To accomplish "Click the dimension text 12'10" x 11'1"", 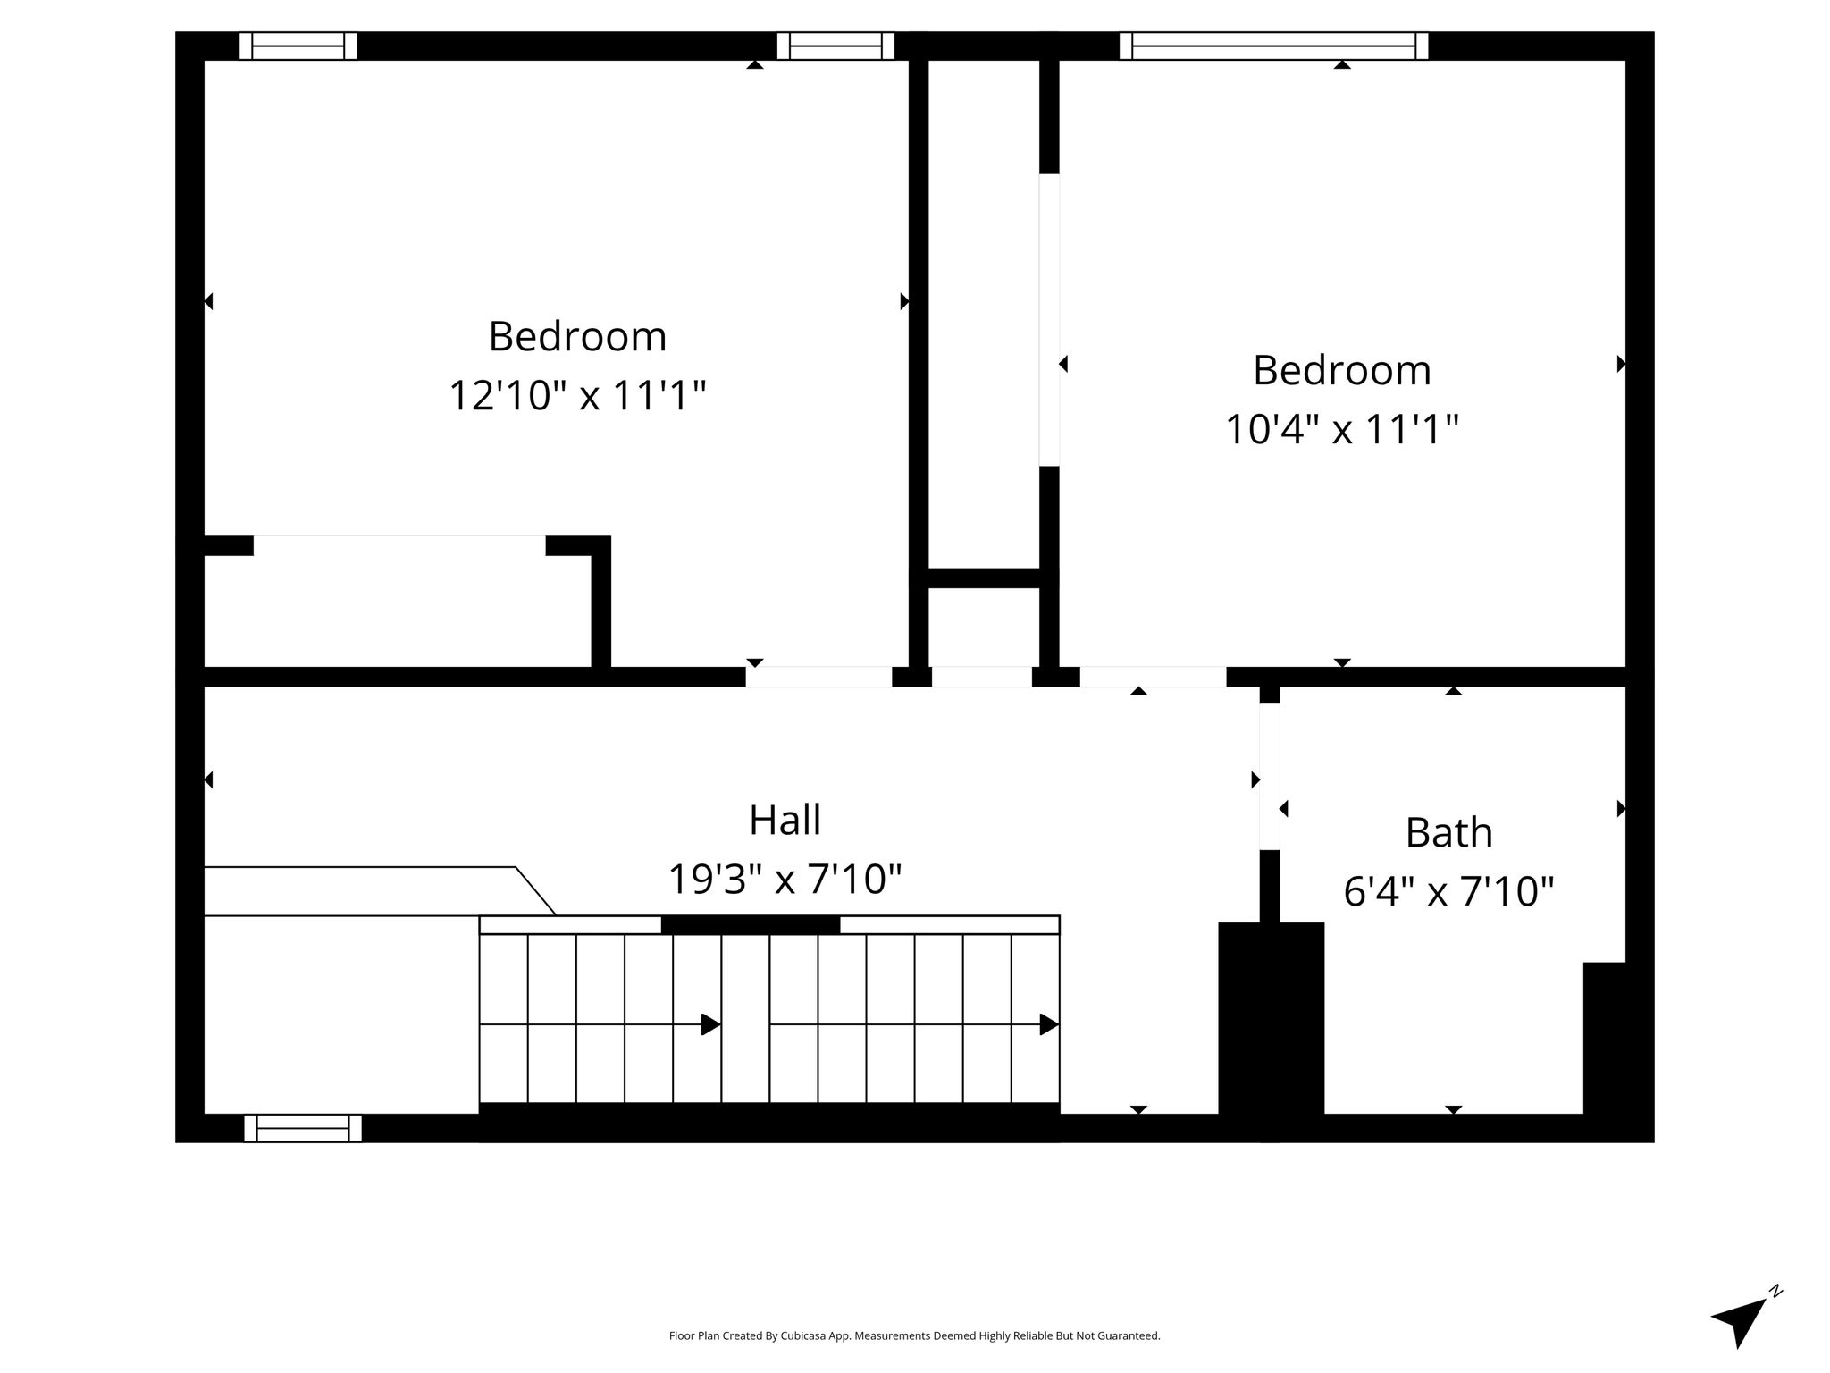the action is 577,395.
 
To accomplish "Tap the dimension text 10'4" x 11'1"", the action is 1341,429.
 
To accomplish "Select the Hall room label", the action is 785,820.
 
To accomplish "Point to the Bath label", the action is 1448,832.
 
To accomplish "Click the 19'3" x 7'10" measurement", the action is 785,879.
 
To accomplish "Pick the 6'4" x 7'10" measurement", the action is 1448,891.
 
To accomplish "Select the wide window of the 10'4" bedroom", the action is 1273,46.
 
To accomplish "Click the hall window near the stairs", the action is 303,1128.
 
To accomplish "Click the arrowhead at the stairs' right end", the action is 1050,1024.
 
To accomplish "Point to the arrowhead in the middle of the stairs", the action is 711,1024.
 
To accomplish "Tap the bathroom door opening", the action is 1269,776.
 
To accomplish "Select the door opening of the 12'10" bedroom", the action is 819,677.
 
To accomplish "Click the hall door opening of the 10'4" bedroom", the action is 1153,677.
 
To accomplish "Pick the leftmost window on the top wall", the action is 298,46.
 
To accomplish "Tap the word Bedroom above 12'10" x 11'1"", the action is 577,336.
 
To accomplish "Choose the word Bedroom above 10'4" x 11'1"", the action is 1341,370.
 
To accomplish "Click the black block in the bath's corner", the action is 1605,1039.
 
